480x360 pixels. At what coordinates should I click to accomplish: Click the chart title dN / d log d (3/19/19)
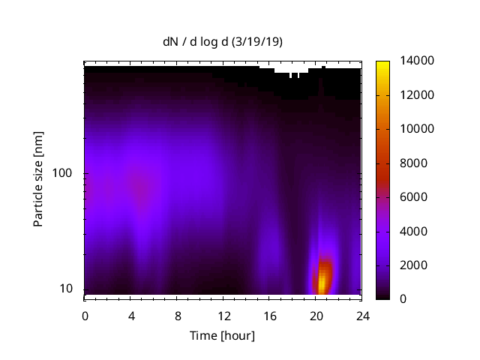pos(223,42)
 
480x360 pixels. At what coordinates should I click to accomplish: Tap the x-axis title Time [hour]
pos(223,335)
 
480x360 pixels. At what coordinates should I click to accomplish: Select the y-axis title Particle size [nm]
pos(38,179)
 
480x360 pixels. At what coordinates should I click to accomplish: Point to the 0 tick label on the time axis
pos(85,316)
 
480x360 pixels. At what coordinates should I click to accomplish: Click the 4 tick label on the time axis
pos(131,316)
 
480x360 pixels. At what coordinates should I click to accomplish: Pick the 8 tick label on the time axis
pos(177,316)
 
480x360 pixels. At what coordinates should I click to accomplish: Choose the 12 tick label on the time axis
pos(223,316)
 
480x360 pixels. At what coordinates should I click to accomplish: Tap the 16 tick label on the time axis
pos(269,316)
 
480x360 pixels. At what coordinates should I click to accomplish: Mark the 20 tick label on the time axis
pos(316,316)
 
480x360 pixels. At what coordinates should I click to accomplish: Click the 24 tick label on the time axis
pos(361,316)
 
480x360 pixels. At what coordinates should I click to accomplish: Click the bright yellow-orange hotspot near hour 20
pos(323,280)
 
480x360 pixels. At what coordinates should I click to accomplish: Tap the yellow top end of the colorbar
pos(382,64)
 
